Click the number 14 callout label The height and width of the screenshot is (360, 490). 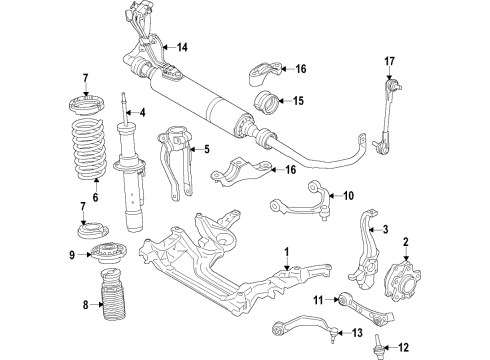click(x=182, y=47)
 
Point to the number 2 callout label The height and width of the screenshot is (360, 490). click(x=407, y=240)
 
